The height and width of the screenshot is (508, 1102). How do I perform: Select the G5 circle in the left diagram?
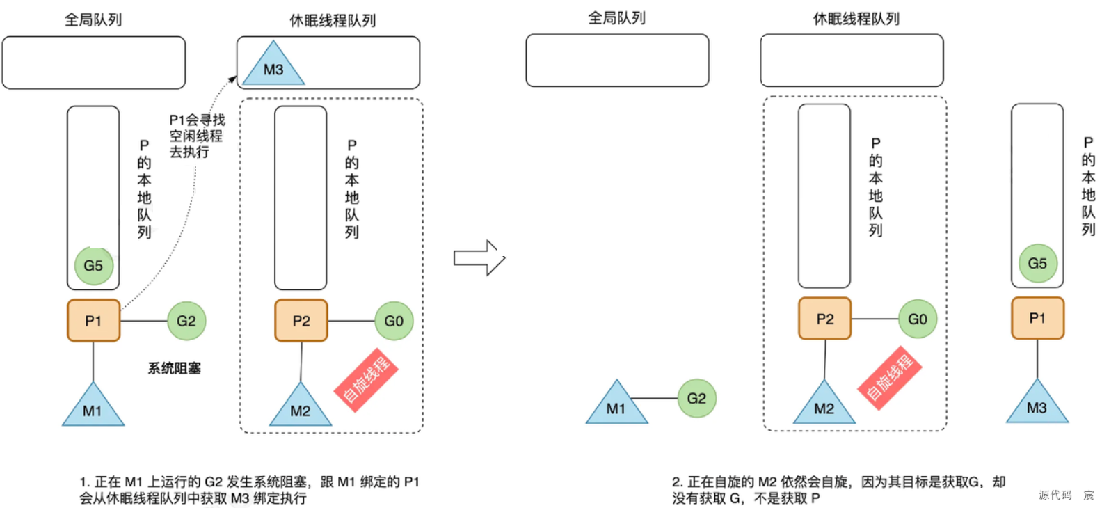(x=94, y=265)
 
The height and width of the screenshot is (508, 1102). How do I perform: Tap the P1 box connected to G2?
(x=93, y=321)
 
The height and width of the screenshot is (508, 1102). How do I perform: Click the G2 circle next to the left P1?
(x=186, y=321)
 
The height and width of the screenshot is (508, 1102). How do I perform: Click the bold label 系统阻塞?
(x=174, y=368)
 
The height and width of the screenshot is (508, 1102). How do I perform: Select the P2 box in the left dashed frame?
(x=301, y=321)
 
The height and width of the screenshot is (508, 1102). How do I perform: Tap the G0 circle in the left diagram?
(x=394, y=321)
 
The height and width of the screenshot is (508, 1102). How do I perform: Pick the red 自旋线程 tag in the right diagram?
(x=889, y=378)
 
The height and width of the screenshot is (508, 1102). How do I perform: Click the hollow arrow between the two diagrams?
(x=479, y=258)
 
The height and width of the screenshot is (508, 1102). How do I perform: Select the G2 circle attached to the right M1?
(x=696, y=398)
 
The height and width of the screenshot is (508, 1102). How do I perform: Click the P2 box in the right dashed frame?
(x=824, y=319)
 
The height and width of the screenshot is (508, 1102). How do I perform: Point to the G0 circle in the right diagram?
(x=918, y=319)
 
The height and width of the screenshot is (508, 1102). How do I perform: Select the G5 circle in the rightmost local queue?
(x=1037, y=263)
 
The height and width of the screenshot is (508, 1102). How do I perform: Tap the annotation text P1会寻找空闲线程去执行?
(x=196, y=136)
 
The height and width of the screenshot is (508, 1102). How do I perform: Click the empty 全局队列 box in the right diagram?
(x=617, y=61)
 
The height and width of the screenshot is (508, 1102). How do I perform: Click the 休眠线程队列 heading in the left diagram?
(x=333, y=20)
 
